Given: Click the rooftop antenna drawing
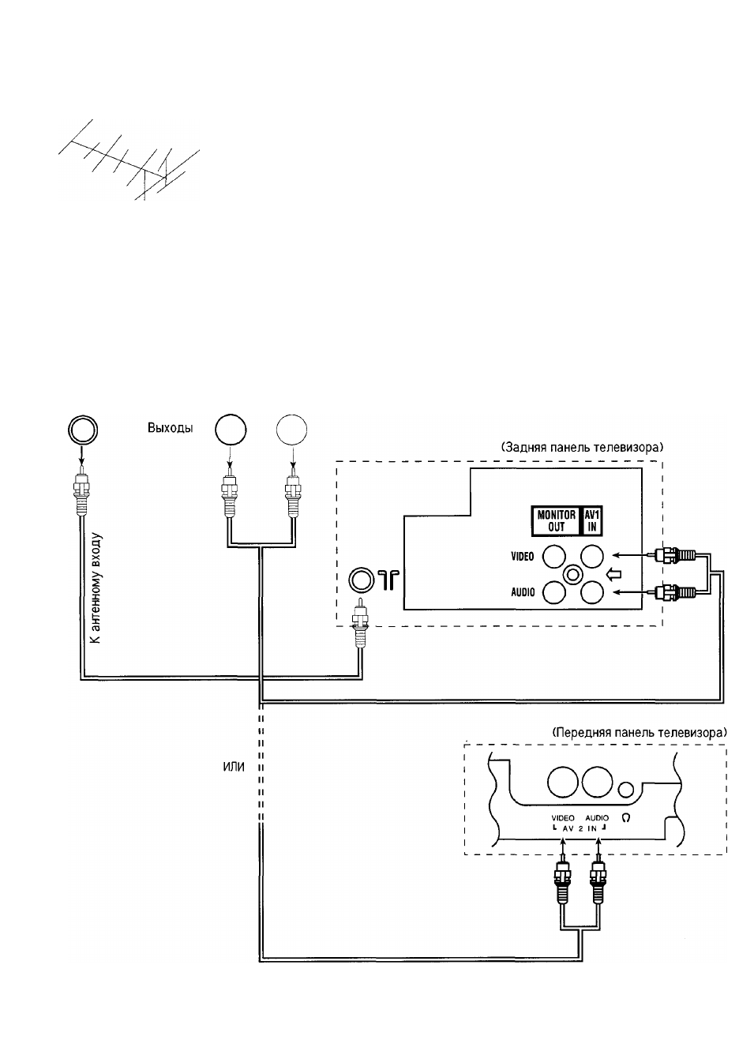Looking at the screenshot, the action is (x=128, y=160).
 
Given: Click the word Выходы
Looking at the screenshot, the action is (x=170, y=428).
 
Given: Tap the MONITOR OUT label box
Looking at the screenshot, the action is (x=556, y=521).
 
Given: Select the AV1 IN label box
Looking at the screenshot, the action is (x=591, y=521).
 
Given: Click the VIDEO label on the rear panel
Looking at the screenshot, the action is (x=523, y=556).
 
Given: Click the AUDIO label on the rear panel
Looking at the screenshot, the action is (x=523, y=592).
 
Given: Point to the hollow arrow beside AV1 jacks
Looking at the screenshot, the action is (x=614, y=574).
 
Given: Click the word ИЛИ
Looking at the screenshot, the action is (x=234, y=768).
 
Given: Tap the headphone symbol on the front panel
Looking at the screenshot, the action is (x=626, y=818).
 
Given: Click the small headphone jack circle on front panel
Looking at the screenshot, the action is (x=626, y=790).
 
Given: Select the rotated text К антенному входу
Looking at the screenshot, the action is (x=96, y=588).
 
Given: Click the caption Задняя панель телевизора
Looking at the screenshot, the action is (x=582, y=447).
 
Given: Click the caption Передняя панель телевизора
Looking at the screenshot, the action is (x=639, y=733).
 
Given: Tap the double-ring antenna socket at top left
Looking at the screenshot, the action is (x=83, y=430).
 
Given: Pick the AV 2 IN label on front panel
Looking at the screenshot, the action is (x=580, y=829).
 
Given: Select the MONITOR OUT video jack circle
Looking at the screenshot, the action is (x=553, y=556).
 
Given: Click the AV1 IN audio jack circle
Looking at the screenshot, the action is (x=592, y=592).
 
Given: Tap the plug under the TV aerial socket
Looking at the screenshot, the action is (x=360, y=621).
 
